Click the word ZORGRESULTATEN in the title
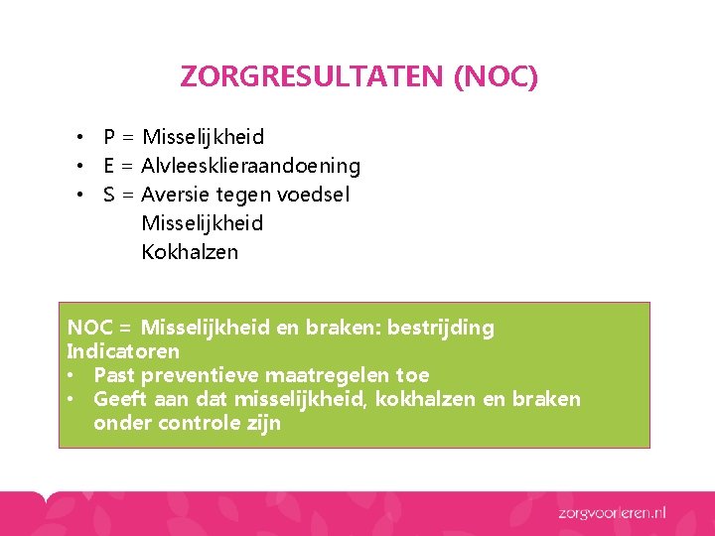click(312, 76)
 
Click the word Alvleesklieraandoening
click(251, 166)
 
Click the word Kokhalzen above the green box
click(190, 252)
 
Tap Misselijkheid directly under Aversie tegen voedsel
click(203, 223)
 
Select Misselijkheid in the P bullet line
click(203, 137)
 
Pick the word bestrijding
click(441, 328)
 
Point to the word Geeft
click(117, 399)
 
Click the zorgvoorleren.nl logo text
click(612, 512)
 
